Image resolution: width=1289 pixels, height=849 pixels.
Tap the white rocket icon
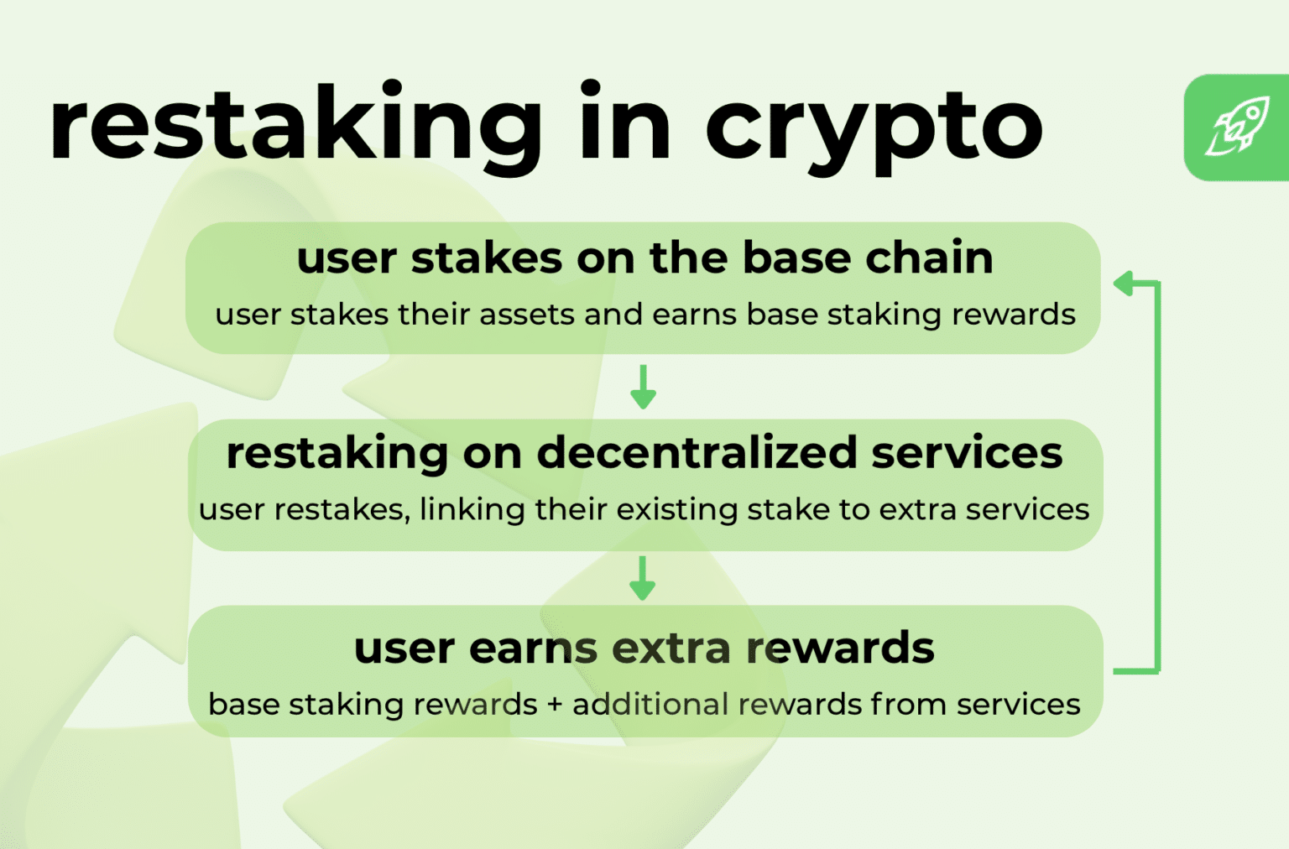click(x=1238, y=128)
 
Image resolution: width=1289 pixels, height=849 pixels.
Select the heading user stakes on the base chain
click(x=644, y=258)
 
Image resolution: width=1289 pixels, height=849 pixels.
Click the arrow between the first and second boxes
click(x=643, y=387)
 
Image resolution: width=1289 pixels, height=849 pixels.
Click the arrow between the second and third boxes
click(x=643, y=578)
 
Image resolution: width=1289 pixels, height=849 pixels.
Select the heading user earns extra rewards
click(x=644, y=648)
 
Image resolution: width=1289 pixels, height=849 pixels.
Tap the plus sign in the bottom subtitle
click(x=554, y=705)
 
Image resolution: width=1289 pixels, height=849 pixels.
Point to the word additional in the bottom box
click(x=650, y=705)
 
